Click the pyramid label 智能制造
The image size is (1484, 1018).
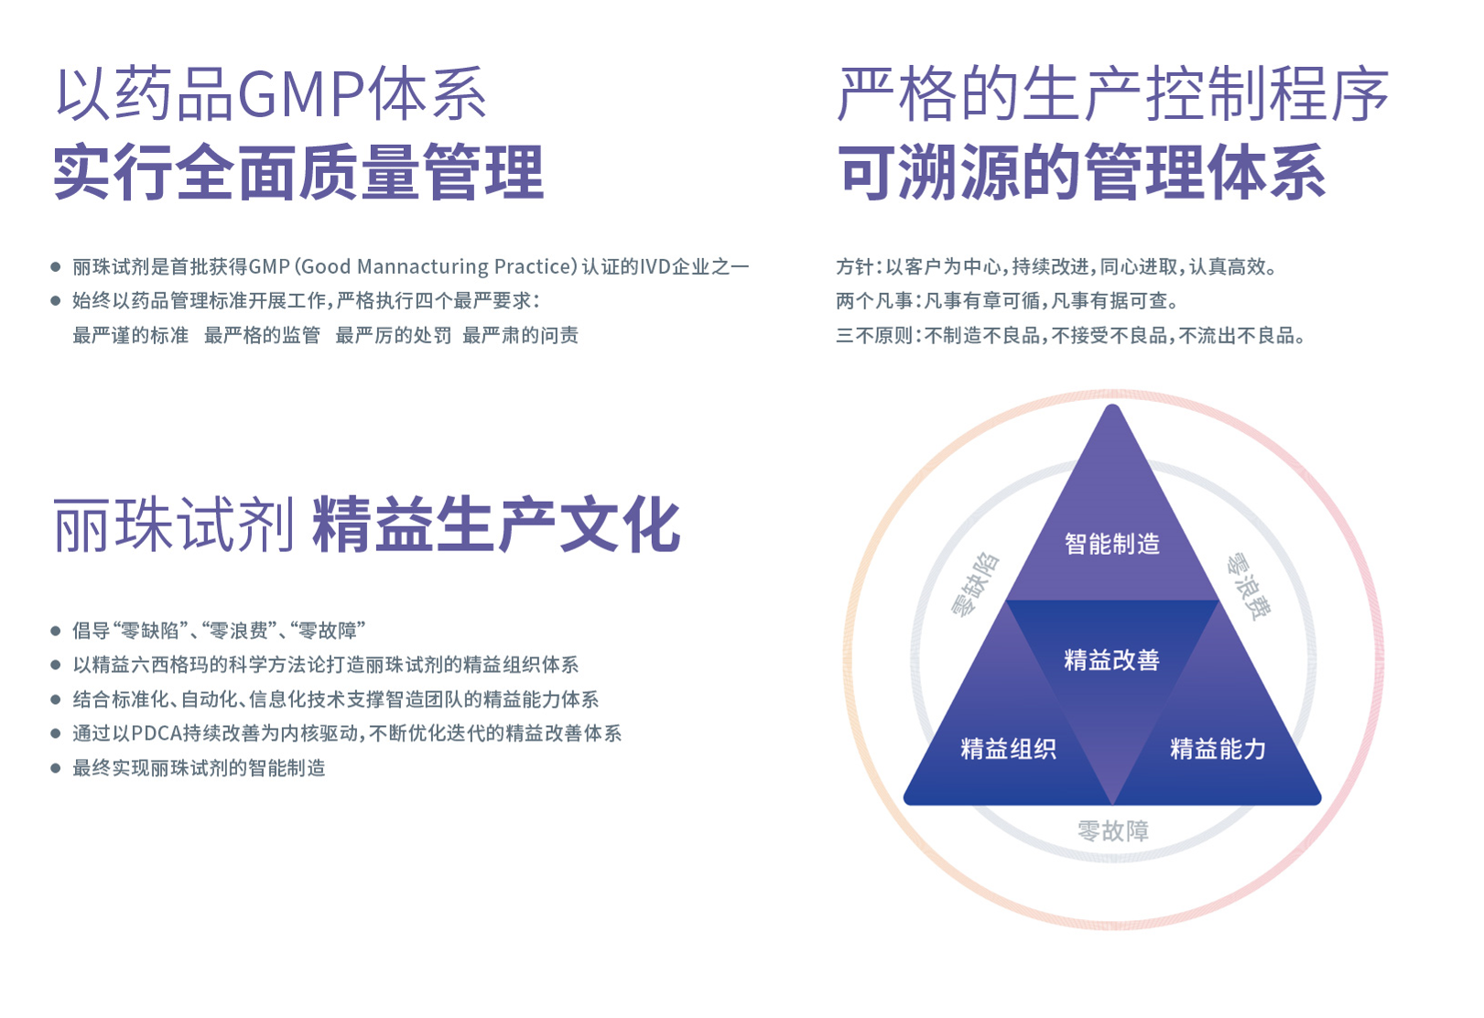coord(1111,544)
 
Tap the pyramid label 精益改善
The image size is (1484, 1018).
coord(1111,660)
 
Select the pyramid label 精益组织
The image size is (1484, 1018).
coord(1008,749)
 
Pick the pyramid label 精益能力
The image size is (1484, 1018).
coord(1218,749)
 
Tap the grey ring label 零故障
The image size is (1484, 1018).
coord(1112,831)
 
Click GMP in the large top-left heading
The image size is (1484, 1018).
coord(301,94)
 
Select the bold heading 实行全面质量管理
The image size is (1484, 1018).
coord(298,172)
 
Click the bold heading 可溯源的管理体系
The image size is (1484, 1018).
coord(1082,172)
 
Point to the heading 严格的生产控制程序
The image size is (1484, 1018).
coord(1113,94)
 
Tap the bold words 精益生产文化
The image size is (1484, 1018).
coord(496,525)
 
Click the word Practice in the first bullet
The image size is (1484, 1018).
coord(535,266)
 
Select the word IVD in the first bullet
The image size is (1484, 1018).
coord(655,266)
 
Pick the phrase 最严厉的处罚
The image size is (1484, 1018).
coord(393,335)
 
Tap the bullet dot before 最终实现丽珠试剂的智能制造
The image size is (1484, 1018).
coord(56,768)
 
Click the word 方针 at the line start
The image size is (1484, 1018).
coord(854,266)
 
